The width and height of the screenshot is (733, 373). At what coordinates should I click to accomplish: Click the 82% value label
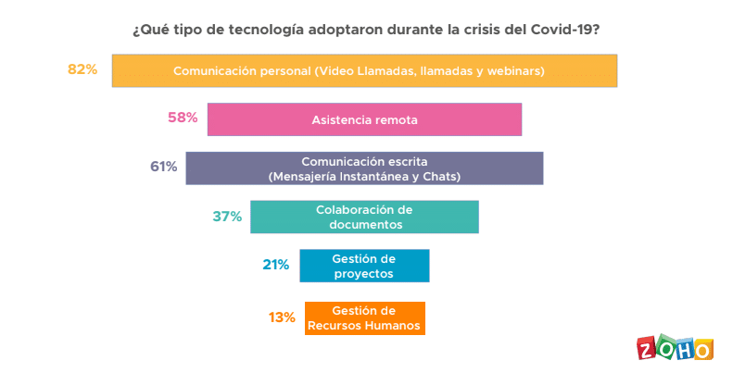(82, 69)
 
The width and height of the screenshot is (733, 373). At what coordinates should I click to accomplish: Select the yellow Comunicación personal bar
(364, 70)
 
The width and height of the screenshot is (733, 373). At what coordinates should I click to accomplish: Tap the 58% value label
(183, 118)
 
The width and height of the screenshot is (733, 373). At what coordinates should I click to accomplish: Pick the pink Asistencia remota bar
(364, 119)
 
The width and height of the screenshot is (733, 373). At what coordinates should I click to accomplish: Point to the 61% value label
(163, 168)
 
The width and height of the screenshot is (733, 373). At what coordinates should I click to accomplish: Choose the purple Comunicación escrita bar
(364, 168)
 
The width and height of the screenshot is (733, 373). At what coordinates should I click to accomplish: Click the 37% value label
(227, 217)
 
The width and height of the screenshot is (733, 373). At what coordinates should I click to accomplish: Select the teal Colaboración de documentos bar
(364, 217)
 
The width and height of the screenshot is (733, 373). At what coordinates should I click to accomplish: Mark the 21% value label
(276, 265)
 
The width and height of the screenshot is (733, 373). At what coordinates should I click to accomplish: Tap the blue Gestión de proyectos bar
(364, 266)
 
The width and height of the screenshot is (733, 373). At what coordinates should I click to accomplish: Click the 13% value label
(282, 317)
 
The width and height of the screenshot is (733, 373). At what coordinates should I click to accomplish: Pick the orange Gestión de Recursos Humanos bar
(364, 317)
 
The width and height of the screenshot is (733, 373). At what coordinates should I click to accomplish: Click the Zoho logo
(676, 349)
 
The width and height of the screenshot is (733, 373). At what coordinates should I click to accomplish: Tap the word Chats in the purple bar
(442, 176)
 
